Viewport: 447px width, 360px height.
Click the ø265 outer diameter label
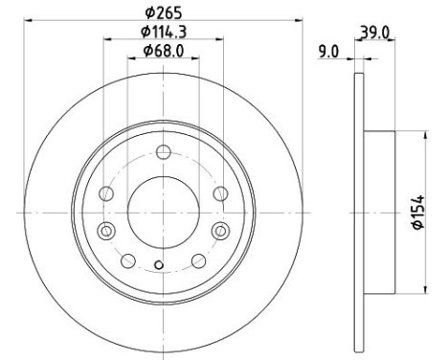[163, 12]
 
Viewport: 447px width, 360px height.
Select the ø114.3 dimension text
[164, 32]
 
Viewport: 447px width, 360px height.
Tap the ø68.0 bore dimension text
[164, 51]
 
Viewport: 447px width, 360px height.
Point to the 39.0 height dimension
[375, 33]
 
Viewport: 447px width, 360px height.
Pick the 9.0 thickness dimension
[328, 52]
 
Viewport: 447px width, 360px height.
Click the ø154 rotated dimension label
[418, 212]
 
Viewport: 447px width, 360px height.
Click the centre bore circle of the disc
[164, 212]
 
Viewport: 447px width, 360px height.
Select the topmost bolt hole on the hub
[164, 152]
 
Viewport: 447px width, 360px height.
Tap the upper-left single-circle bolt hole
[106, 193]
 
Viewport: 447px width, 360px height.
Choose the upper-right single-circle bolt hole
[221, 193]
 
